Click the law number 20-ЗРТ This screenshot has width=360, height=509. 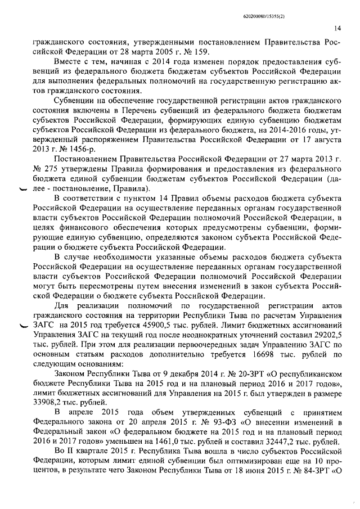(236, 374)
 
